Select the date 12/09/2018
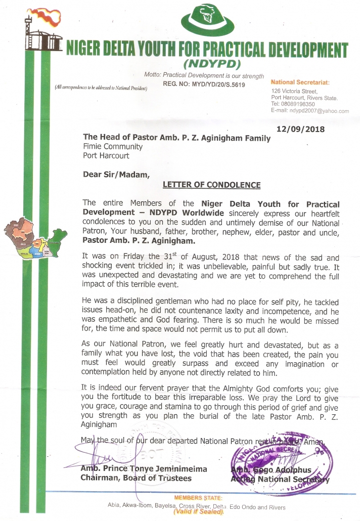point(301,129)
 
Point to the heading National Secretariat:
point(300,82)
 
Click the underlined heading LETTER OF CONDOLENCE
point(211,185)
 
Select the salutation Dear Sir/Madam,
point(116,175)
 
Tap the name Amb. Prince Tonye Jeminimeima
point(144,469)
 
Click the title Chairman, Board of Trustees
point(136,479)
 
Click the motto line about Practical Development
point(204,75)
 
